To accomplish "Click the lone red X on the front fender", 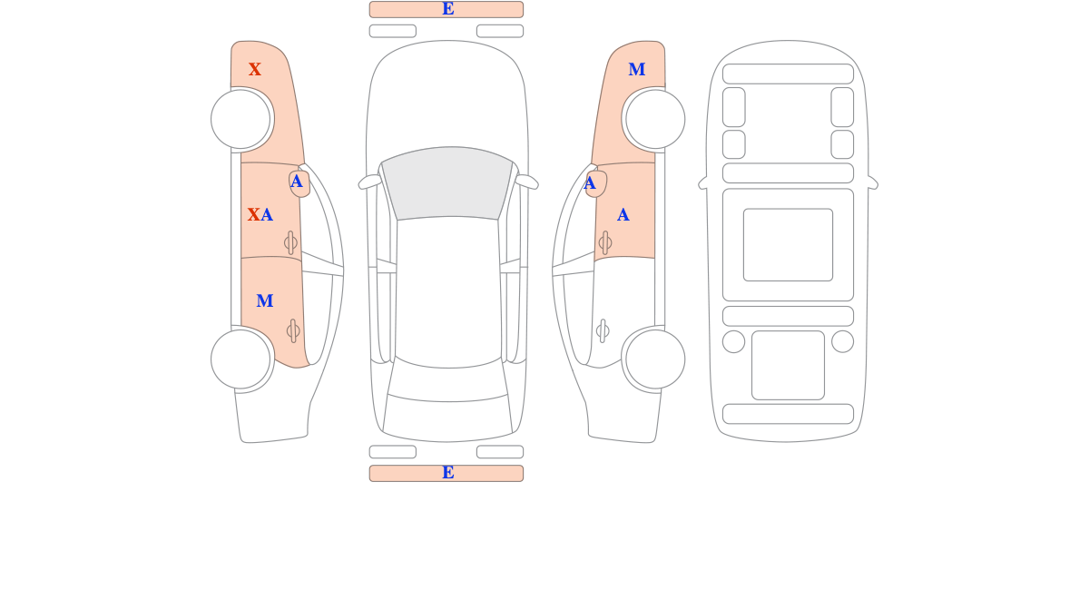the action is (255, 70).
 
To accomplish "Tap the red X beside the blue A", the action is (253, 214).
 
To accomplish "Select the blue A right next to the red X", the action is (267, 214).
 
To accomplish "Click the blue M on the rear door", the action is (264, 301).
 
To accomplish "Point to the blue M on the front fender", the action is (637, 70).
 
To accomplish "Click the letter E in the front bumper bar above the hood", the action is (448, 9).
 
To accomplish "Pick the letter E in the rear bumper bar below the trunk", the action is (448, 473).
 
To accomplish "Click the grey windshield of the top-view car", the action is (447, 182).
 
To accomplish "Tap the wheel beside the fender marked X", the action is (240, 119).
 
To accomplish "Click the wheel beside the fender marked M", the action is (655, 119).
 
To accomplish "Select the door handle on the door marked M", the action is (292, 331).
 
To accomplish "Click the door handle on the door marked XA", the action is (290, 242).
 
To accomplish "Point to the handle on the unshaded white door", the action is (603, 331).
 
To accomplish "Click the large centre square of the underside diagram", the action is (788, 244).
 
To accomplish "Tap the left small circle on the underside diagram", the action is (733, 341).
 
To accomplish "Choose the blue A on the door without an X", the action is (623, 214).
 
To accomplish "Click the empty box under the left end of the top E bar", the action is (393, 31).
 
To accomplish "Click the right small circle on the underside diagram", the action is (842, 341).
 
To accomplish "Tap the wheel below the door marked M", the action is (240, 359).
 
